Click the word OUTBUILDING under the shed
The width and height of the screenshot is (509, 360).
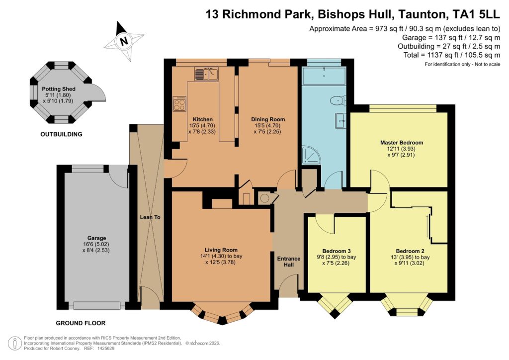coord(62,134)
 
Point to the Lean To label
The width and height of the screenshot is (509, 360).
coord(149,217)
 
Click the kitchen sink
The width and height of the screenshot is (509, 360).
coord(207,75)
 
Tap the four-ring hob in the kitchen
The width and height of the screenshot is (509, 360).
coord(179,104)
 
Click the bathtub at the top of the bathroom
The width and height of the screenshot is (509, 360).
coord(324,77)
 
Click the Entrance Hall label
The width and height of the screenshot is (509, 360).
coord(288,262)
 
